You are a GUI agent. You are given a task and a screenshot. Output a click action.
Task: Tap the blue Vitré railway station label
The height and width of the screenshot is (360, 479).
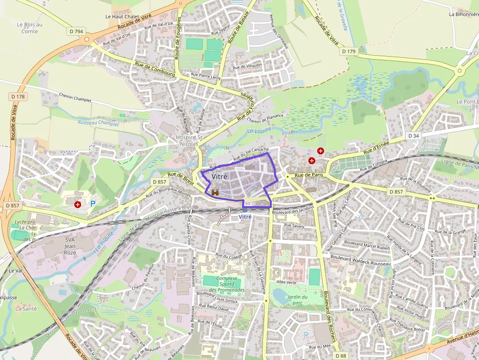pyautogui.click(x=245, y=217)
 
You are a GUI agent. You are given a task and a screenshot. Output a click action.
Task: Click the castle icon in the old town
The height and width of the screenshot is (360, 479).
pyautogui.click(x=215, y=193)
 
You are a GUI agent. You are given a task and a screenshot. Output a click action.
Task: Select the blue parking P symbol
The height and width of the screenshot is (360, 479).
pyautogui.click(x=92, y=203)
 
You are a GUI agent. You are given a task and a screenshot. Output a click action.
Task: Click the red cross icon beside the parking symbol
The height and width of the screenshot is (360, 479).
pyautogui.click(x=77, y=205)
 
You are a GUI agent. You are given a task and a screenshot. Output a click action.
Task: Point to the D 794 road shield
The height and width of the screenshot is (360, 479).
pyautogui.click(x=77, y=31)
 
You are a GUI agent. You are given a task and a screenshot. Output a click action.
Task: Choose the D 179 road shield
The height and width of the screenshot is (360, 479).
pyautogui.click(x=349, y=51)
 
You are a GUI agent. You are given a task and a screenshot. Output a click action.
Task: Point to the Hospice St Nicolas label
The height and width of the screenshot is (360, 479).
pyautogui.click(x=187, y=141)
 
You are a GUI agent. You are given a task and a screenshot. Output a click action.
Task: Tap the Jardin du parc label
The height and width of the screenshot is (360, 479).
pyautogui.click(x=297, y=299)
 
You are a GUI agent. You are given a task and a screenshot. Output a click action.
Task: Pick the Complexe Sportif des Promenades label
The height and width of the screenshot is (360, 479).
pyautogui.click(x=226, y=284)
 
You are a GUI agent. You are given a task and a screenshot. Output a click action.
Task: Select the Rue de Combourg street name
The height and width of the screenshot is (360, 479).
pyautogui.click(x=154, y=70)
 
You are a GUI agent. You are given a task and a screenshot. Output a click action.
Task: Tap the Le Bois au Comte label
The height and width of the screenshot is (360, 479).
pyautogui.click(x=29, y=28)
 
